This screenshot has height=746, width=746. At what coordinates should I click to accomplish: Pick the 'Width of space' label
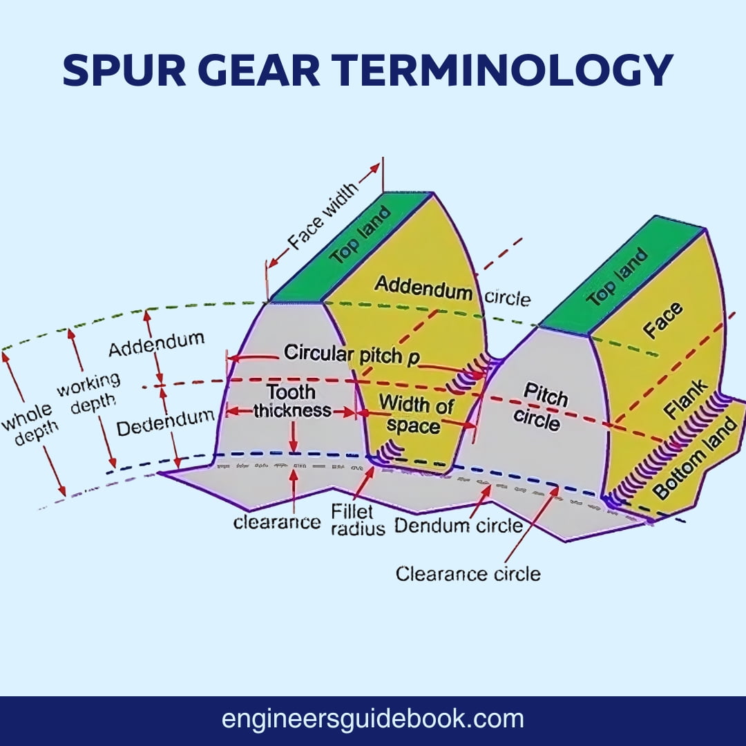coord(414,413)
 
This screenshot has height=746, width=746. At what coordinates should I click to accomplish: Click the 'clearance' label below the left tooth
coord(276,522)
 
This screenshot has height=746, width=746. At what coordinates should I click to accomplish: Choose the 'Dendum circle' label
coord(459,526)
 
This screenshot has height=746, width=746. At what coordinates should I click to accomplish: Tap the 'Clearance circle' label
coord(468,573)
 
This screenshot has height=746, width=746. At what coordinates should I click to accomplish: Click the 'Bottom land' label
coord(698,460)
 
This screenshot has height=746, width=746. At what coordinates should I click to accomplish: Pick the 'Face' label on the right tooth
coord(663,321)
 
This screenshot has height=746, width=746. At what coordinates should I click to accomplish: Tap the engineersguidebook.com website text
coord(372,719)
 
